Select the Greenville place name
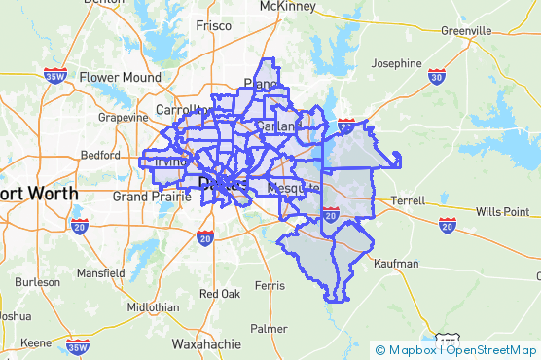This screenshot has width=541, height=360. (465, 30)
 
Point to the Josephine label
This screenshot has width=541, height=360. (397, 63)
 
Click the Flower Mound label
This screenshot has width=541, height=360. (121, 77)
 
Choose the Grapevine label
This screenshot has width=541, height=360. (122, 117)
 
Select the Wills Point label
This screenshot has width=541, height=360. (502, 211)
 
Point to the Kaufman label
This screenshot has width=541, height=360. (395, 263)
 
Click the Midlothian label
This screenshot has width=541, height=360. (152, 306)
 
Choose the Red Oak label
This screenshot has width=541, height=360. (219, 293)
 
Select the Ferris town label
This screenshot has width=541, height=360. (269, 285)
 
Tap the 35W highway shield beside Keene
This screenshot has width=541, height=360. (78, 345)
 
